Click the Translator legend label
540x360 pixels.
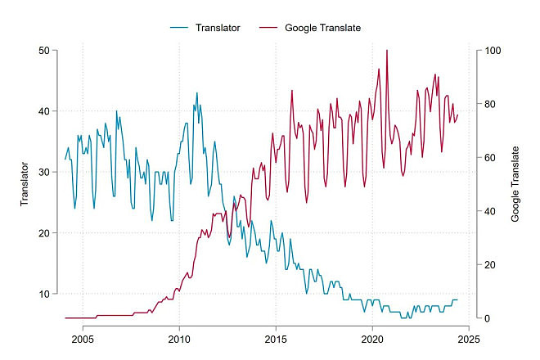218,28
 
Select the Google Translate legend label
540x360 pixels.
322,28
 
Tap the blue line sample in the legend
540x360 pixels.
179,28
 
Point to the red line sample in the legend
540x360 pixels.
268,28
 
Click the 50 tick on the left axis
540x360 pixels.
44,51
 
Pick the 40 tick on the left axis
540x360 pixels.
44,111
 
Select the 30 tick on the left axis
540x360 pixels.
44,173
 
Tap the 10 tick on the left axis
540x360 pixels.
44,294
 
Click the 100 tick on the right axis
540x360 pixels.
493,51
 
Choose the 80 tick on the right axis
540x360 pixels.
490,104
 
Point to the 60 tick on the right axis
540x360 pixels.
490,158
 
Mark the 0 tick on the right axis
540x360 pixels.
488,318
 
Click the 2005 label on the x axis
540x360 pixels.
83,340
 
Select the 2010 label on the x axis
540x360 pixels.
179,340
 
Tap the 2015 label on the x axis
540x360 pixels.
276,340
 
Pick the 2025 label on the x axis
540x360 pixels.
469,340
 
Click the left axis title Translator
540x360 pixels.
24,184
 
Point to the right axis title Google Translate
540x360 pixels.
515,184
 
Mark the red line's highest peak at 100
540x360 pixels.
387,50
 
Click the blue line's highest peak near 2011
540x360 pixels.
197,92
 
